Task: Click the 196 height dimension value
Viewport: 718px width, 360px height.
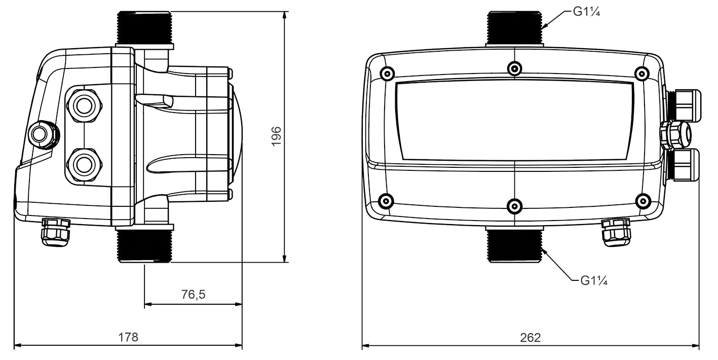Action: click(x=276, y=136)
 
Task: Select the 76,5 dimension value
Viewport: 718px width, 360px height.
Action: click(x=193, y=294)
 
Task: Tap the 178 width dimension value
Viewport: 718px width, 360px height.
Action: click(x=128, y=337)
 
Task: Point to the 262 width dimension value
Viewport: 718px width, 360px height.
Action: click(x=530, y=338)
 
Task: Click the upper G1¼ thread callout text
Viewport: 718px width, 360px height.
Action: click(x=586, y=12)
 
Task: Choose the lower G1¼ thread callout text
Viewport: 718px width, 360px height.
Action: click(x=594, y=281)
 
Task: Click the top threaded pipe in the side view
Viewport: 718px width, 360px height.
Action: click(x=144, y=27)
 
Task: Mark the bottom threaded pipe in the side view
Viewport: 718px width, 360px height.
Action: click(x=144, y=246)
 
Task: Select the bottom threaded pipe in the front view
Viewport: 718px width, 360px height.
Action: click(x=514, y=246)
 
